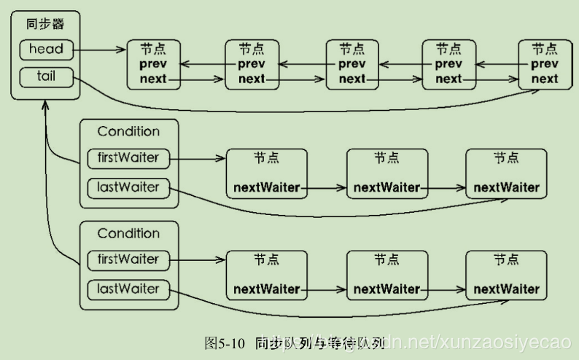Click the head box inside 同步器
45,50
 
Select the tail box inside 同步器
45,76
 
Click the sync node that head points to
153,65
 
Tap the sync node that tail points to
545,65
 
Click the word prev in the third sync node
352,64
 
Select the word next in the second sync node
252,79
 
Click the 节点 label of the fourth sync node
448,49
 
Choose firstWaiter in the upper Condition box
128,157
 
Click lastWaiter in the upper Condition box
128,187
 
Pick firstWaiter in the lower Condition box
128,259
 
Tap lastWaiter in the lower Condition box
128,289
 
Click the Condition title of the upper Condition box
128,132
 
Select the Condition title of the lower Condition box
128,234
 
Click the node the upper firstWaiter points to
266,173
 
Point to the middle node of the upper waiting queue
386,173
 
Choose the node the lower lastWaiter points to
506,275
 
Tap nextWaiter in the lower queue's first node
266,289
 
